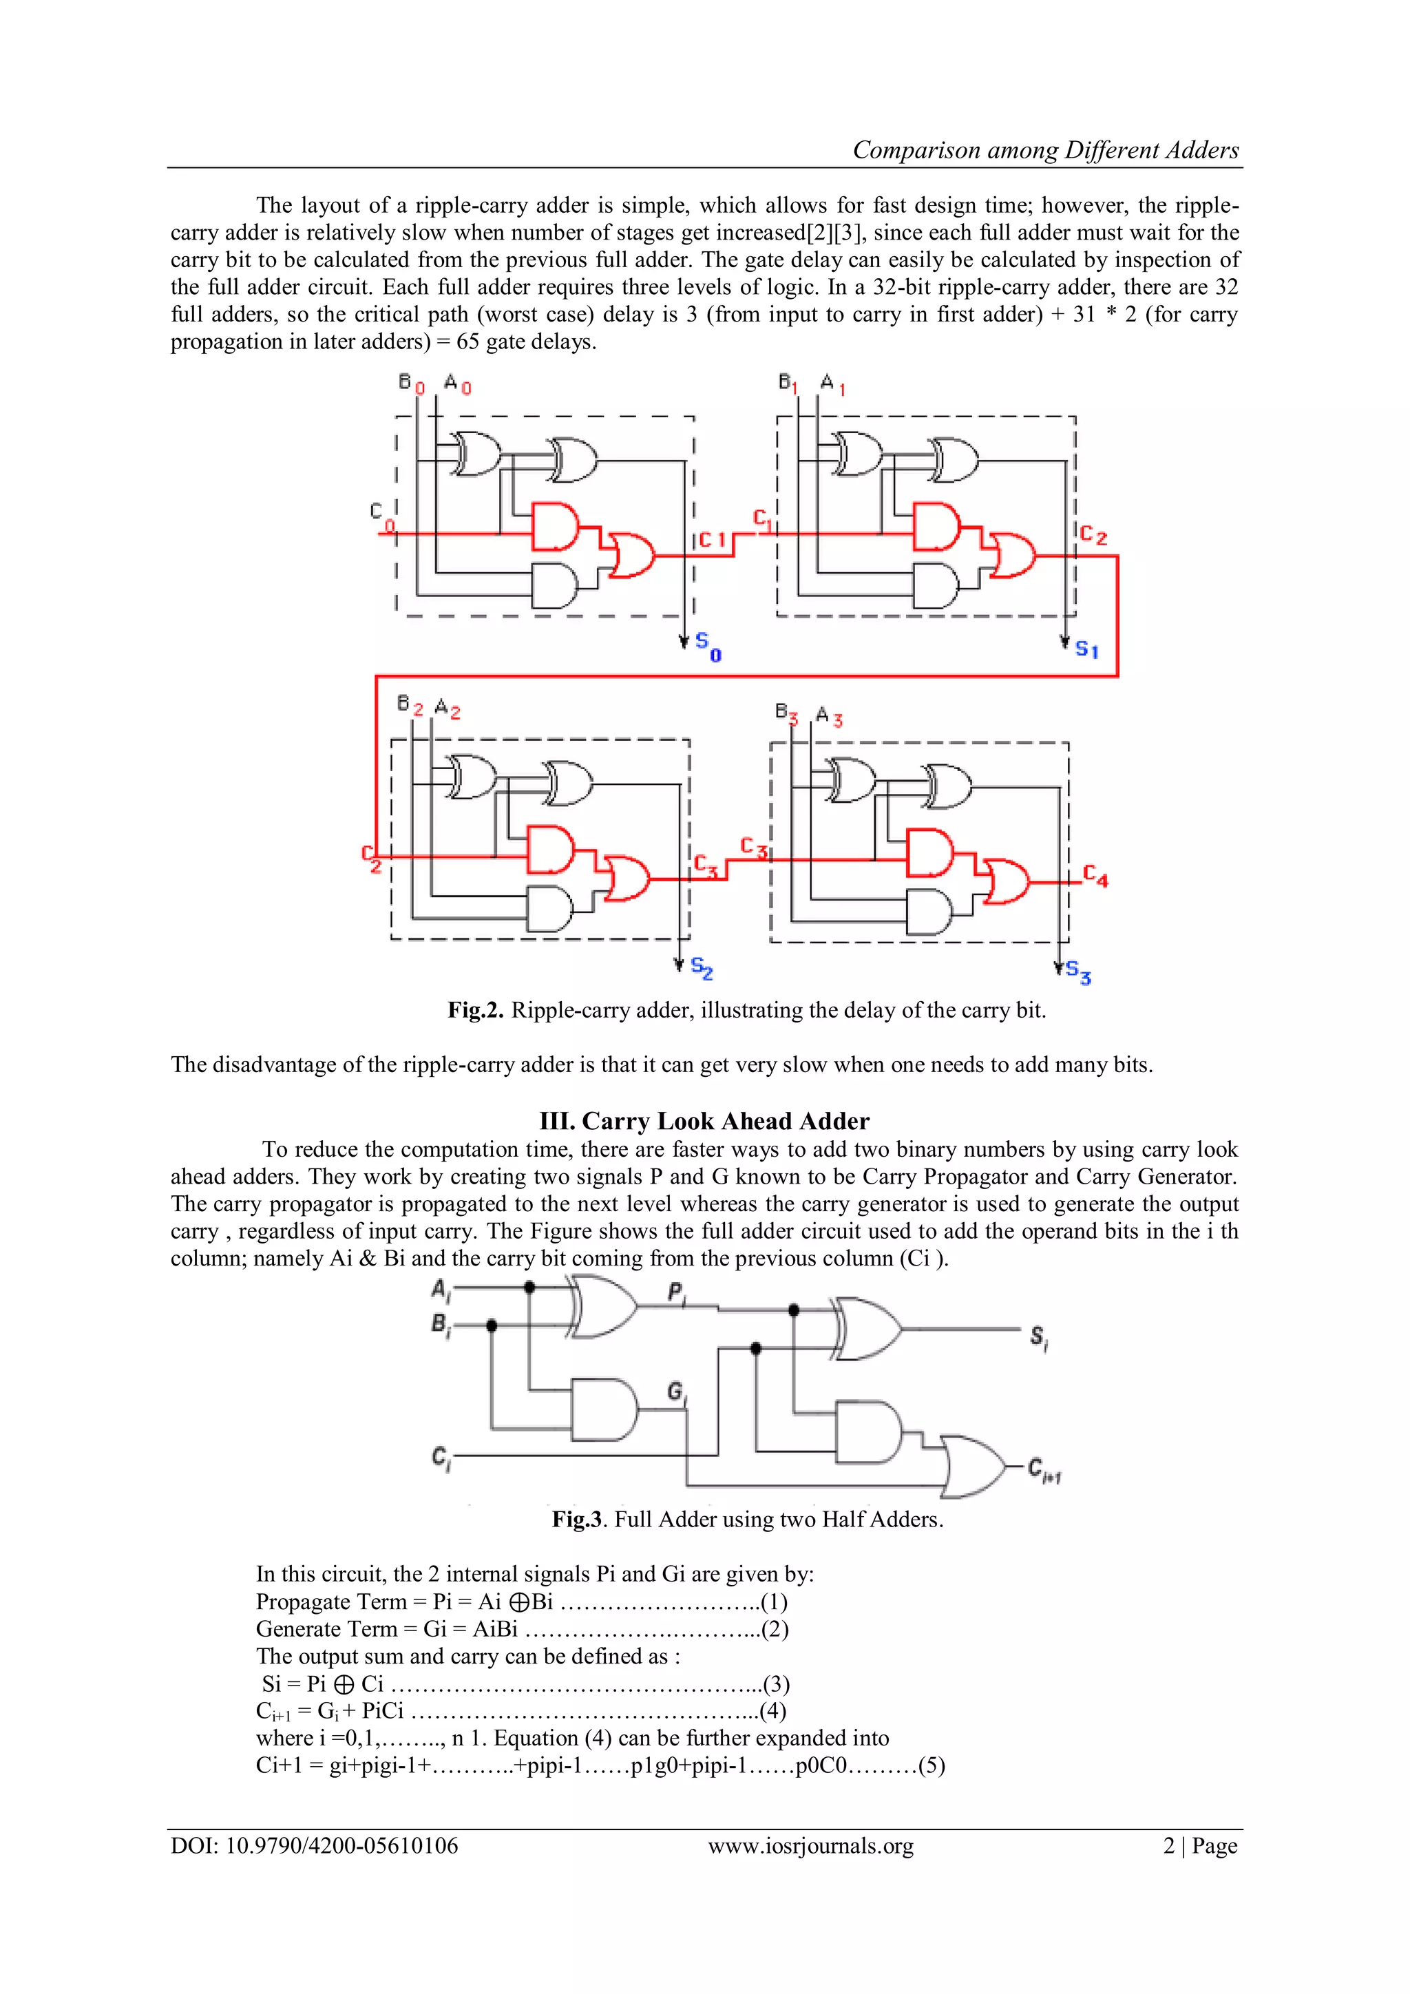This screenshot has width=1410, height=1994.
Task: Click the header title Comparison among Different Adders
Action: (1045, 150)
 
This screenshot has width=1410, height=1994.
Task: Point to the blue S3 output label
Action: (1078, 972)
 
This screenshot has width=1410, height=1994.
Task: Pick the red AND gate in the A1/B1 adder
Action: (936, 526)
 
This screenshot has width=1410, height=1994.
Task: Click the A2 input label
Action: (447, 708)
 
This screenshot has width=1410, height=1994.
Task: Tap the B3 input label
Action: (786, 713)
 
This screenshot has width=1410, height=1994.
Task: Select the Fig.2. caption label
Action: (475, 1010)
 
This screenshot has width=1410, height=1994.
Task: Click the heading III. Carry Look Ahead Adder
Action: (704, 1121)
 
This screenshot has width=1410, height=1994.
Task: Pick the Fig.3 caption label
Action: (578, 1519)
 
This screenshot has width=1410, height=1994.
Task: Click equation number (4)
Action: (772, 1710)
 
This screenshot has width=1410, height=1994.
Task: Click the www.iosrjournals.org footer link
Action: (810, 1845)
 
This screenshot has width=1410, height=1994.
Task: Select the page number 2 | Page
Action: (1200, 1845)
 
